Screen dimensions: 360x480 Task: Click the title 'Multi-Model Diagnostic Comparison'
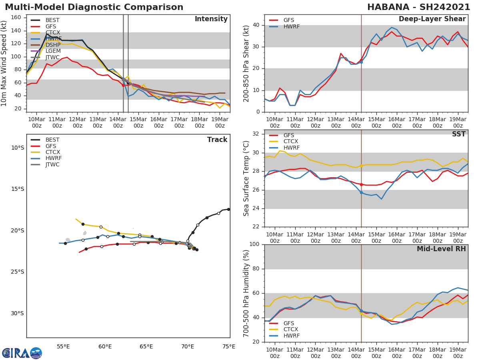(94, 7)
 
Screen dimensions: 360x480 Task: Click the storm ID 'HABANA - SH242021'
(418, 7)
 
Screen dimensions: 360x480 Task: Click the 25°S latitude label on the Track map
(17, 272)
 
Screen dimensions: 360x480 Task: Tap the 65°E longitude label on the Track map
(146, 346)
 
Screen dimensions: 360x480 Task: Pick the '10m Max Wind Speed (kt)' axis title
(4, 64)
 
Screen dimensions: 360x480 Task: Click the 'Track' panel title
(217, 140)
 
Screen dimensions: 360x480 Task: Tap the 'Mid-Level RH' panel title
(441, 249)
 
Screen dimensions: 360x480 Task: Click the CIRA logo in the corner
(22, 353)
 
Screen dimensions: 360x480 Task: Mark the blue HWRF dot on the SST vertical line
(361, 192)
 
